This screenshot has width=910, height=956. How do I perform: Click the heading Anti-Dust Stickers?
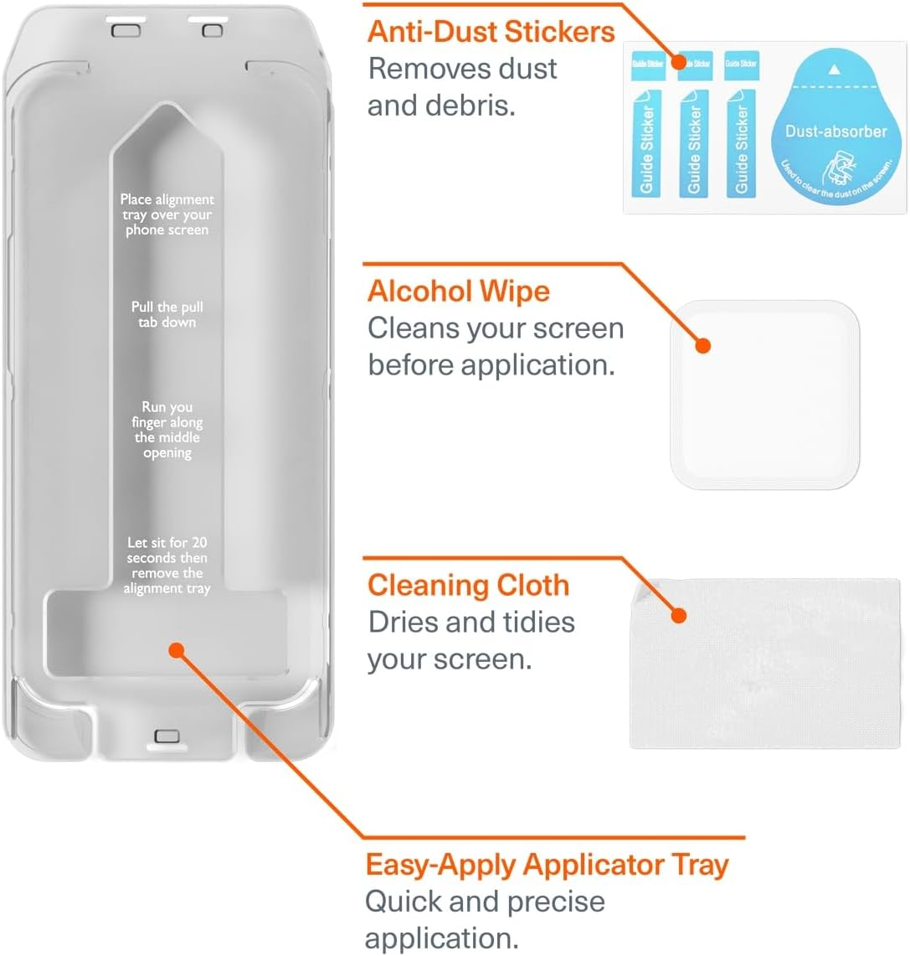(x=491, y=32)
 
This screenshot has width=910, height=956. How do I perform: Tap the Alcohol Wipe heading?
(x=458, y=292)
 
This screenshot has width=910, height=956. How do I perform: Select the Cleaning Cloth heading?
(x=468, y=585)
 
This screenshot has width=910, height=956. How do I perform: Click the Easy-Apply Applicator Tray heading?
(x=547, y=864)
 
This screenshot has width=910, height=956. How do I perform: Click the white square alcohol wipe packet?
(x=765, y=394)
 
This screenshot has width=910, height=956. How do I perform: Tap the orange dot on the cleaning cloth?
(x=679, y=616)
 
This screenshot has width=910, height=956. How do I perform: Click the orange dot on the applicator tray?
(x=176, y=650)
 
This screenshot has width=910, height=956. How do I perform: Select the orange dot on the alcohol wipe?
(x=703, y=345)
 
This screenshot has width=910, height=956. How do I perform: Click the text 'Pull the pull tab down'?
(x=167, y=314)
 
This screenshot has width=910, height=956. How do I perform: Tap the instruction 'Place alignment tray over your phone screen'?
(x=167, y=214)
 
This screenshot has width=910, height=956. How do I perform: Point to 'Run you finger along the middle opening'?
(x=167, y=430)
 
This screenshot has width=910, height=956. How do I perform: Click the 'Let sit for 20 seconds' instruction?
(x=167, y=566)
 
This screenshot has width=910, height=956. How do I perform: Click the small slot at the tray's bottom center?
(x=167, y=736)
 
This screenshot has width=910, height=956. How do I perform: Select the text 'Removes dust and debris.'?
(x=461, y=87)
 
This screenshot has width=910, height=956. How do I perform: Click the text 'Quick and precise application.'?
(x=484, y=919)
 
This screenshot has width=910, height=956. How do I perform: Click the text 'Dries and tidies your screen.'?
(x=470, y=640)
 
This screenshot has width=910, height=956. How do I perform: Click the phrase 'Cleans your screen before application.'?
(x=495, y=346)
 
